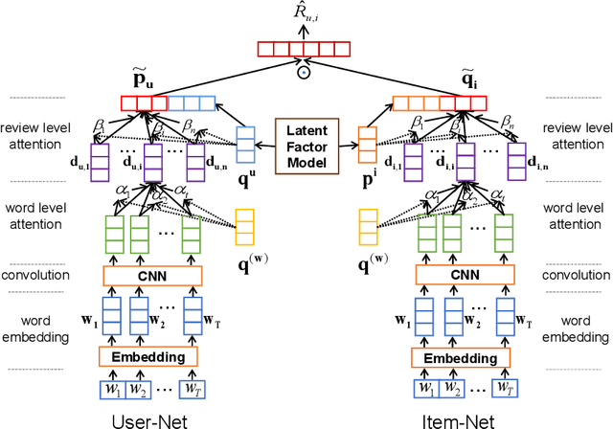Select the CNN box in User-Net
pos(153,277)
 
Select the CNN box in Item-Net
pos(465,277)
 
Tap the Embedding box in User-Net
pos(148,356)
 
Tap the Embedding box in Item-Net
pos(462,356)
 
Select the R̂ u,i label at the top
pos(305,13)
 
